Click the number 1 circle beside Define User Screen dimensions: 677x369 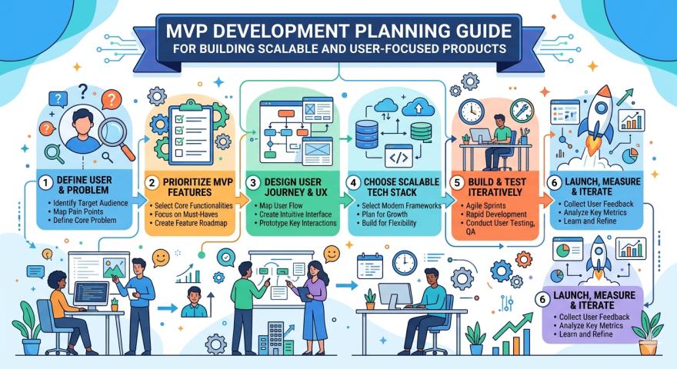[x=45, y=183]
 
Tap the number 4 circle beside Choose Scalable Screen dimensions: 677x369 [x=354, y=183]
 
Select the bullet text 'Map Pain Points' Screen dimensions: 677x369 [x=78, y=212]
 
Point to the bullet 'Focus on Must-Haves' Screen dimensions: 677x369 [x=186, y=214]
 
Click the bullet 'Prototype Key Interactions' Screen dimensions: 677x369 [x=298, y=223]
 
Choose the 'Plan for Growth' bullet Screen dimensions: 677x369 [x=384, y=214]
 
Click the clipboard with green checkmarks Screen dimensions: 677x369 [x=191, y=132]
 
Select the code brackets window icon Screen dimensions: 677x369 [x=398, y=156]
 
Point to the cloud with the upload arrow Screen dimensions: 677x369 [x=418, y=108]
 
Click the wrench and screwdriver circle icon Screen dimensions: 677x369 [x=522, y=111]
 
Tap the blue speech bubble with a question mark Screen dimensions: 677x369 [x=58, y=100]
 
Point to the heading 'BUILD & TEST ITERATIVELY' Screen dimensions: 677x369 [x=496, y=188]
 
